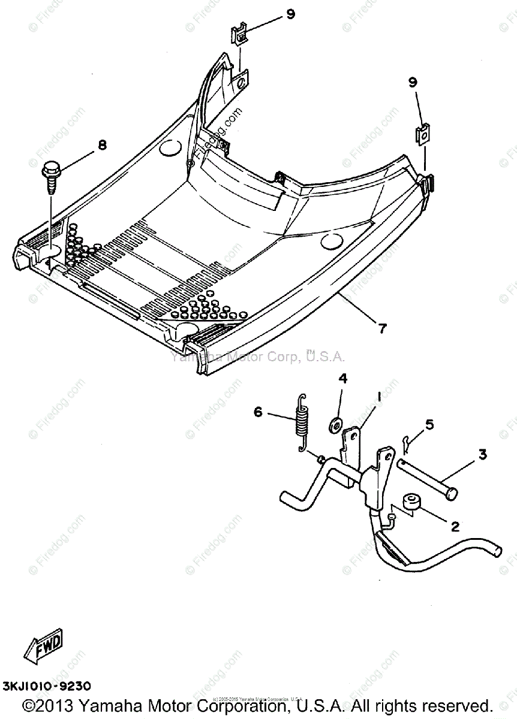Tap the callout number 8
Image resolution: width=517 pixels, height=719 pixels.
click(102, 146)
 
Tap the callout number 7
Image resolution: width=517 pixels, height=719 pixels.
click(382, 328)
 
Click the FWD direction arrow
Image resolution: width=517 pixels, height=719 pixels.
click(42, 647)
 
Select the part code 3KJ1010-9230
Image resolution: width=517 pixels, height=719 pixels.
click(47, 685)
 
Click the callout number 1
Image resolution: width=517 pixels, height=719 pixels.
click(379, 396)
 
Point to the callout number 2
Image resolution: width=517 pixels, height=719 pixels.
click(455, 527)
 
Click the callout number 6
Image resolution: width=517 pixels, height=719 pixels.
click(258, 412)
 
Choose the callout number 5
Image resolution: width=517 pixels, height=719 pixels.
click(429, 425)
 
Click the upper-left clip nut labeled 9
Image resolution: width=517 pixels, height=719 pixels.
click(241, 35)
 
